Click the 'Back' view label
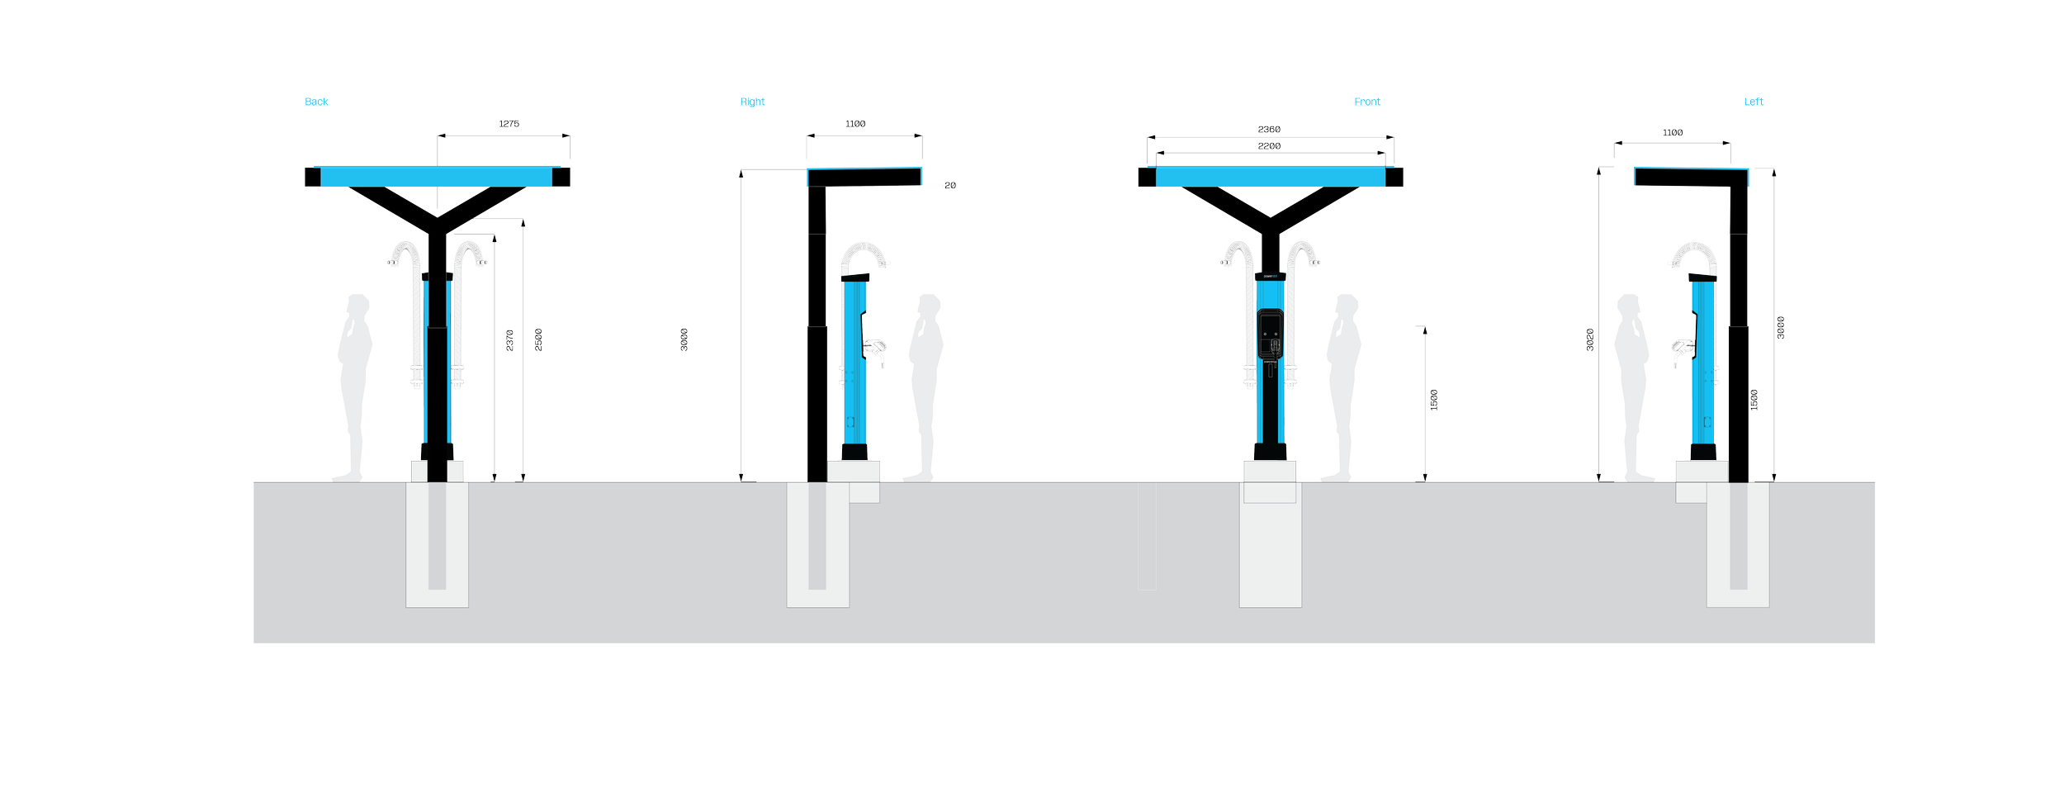tap(316, 102)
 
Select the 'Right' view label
tap(752, 102)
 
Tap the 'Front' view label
tap(1366, 102)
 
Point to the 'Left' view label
tap(1753, 102)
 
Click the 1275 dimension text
tap(509, 125)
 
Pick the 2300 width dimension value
tap(1269, 129)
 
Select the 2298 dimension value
tap(1269, 146)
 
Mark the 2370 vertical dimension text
tap(509, 340)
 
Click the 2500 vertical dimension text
tap(539, 340)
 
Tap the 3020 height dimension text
tap(1590, 340)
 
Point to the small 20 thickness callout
tap(949, 186)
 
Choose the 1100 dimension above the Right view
tap(855, 125)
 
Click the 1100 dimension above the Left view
tap(1673, 133)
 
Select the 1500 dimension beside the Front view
tap(1434, 401)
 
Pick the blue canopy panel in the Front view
tap(1270, 177)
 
